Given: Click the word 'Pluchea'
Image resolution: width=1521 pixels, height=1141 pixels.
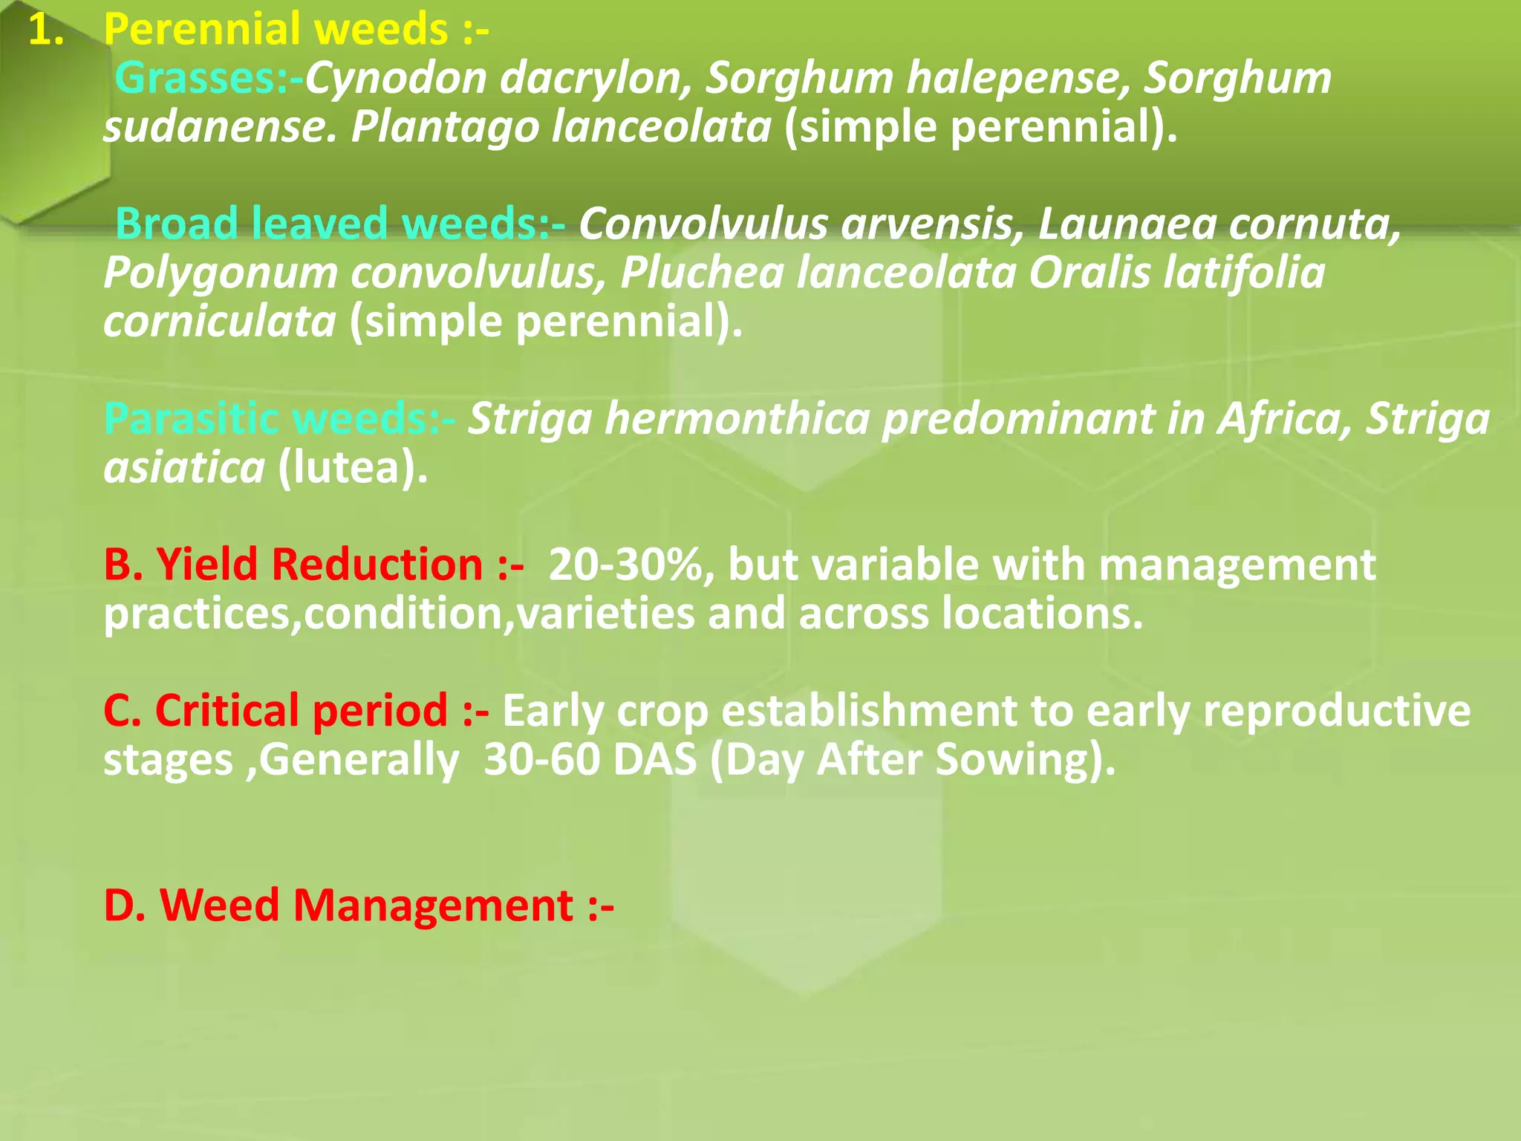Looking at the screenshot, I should (x=701, y=273).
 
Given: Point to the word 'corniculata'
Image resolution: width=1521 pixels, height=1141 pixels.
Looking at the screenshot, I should (x=220, y=322).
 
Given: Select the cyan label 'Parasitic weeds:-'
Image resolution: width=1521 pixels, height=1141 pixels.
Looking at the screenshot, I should (x=279, y=419).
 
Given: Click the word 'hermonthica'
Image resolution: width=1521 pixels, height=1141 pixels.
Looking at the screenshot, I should (x=743, y=419).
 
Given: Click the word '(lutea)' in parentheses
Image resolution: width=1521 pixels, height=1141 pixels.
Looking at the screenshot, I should (x=352, y=468).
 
